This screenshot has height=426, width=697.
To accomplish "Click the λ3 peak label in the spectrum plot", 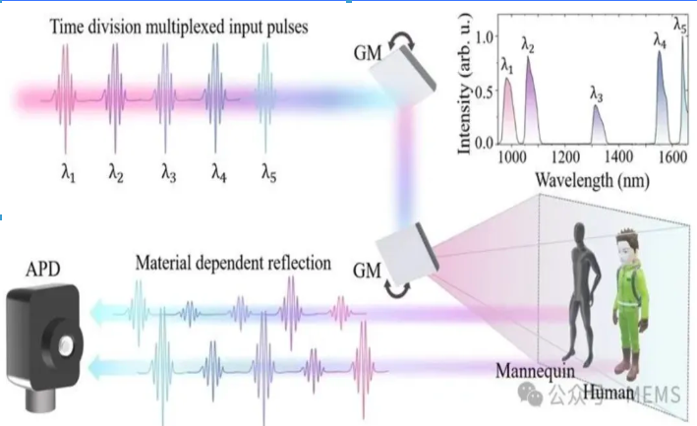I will tap(597, 93).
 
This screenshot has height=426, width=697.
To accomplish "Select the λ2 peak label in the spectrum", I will tap(527, 45).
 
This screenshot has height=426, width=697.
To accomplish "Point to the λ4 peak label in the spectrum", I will tap(660, 40).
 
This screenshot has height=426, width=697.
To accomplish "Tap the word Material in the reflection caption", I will tap(164, 265).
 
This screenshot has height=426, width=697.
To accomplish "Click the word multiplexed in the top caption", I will tap(159, 28).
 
